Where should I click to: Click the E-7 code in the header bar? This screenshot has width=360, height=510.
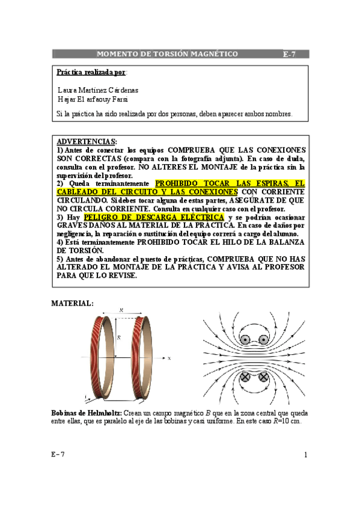tap(290, 54)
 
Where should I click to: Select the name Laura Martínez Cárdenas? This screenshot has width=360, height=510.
tap(97, 90)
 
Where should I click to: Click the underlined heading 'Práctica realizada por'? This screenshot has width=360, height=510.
tap(91, 72)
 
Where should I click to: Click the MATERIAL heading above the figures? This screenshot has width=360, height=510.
tap(72, 303)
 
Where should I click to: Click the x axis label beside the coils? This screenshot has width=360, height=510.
tap(170, 358)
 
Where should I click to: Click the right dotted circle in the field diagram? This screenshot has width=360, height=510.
tap(263, 340)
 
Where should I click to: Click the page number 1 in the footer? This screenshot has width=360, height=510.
tap(305, 455)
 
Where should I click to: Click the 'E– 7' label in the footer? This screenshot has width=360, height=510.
tap(58, 455)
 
